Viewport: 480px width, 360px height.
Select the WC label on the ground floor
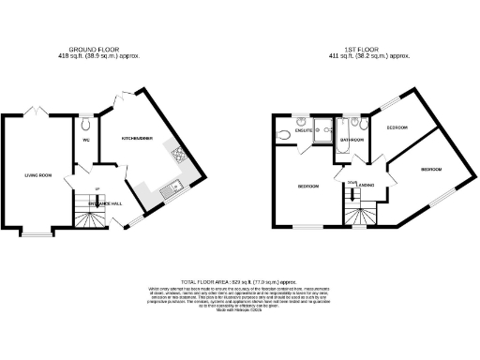85,142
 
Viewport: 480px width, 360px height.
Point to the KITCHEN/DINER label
138,138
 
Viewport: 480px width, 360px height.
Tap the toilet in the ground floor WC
85,123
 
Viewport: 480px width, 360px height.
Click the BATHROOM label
352,141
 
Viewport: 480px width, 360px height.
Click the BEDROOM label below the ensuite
307,186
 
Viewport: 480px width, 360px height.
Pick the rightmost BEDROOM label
432,169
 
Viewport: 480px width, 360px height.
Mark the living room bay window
37,232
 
